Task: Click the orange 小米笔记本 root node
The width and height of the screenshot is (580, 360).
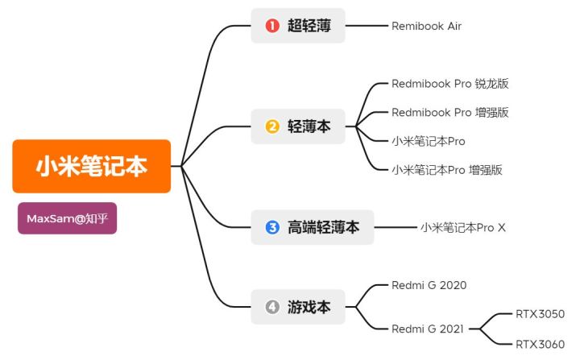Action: (x=92, y=166)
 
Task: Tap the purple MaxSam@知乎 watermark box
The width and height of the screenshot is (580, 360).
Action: (x=67, y=218)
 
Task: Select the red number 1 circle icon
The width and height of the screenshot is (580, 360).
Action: (x=272, y=26)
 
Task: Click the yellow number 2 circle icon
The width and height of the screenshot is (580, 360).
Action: (x=272, y=126)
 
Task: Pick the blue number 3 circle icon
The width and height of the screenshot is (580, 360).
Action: (x=272, y=227)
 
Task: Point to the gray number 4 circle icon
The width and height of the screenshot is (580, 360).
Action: (x=272, y=307)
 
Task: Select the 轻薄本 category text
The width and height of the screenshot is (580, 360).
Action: (x=309, y=126)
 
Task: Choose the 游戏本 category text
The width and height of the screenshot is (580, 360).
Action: (x=309, y=307)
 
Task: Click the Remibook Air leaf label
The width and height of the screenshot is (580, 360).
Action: (x=426, y=26)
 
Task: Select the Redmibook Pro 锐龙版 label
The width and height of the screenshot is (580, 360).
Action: (x=449, y=84)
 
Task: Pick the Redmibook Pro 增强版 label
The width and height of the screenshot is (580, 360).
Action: (x=449, y=112)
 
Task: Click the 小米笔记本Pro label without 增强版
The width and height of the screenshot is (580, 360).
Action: (x=429, y=141)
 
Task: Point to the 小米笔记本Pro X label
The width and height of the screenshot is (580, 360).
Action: (x=462, y=227)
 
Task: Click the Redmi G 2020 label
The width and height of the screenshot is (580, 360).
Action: (x=429, y=285)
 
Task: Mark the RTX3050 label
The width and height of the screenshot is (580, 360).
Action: (x=540, y=313)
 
